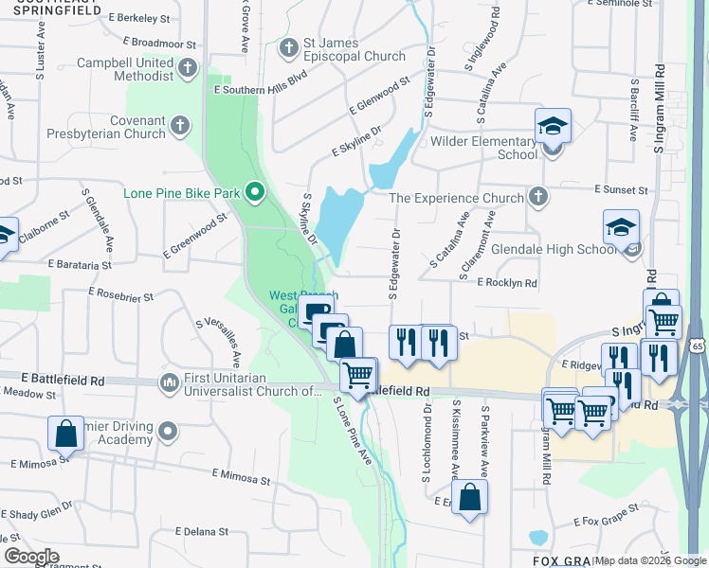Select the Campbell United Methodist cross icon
[188, 67]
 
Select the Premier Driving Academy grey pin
[169, 432]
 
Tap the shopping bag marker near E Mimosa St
[66, 435]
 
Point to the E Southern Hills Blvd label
[261, 90]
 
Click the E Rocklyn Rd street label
[507, 283]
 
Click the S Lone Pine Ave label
[352, 430]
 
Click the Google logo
[31, 556]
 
